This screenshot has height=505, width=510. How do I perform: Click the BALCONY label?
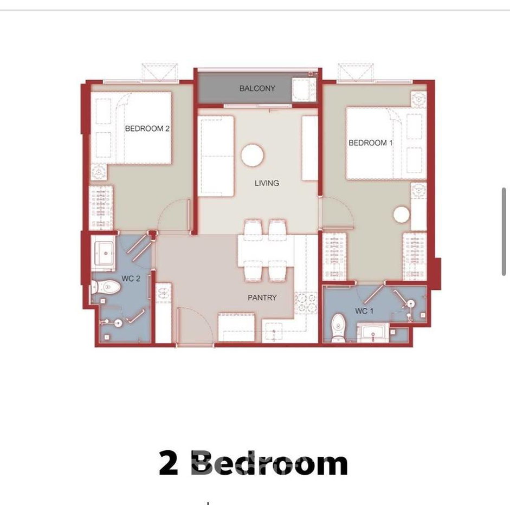point(257,88)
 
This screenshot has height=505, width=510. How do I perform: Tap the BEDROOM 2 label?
point(147,128)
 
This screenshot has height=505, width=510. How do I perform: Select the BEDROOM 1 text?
point(371,143)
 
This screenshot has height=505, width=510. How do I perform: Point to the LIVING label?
point(267,183)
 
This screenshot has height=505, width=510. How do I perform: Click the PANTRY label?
point(262,297)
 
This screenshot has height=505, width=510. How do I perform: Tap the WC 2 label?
point(131,279)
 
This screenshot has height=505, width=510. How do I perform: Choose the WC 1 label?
point(364,311)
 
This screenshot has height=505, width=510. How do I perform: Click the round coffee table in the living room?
point(253,156)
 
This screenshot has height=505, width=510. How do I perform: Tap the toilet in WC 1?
point(339,328)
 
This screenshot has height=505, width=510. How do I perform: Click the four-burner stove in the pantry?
point(306,303)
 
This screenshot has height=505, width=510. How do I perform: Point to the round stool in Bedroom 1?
point(402,215)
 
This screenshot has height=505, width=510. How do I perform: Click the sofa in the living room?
point(216,156)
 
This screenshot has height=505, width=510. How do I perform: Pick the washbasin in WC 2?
point(104,253)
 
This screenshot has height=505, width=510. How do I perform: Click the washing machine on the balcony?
point(304,89)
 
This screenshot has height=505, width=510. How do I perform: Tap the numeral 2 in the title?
point(169,463)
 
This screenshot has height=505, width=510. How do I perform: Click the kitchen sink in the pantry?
point(274,332)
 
